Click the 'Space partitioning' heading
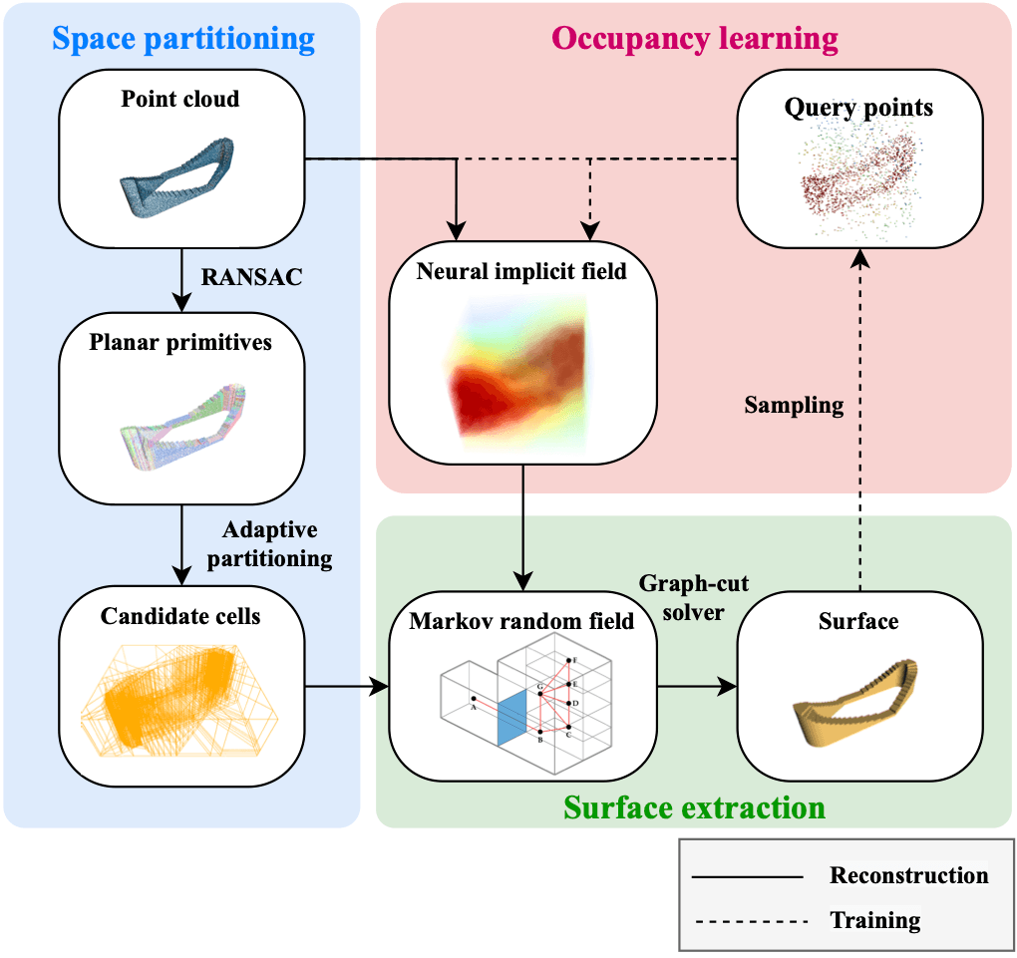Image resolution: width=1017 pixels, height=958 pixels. [x=183, y=39]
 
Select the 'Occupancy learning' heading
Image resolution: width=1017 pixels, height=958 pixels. [x=695, y=39]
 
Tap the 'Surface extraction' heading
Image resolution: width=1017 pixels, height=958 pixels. [x=694, y=807]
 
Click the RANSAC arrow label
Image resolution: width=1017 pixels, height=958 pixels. [x=251, y=277]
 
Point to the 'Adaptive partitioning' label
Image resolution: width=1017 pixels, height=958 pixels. [x=270, y=544]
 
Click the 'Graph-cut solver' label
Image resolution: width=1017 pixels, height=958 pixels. [x=693, y=597]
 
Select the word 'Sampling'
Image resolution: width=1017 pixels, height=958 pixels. [x=794, y=406]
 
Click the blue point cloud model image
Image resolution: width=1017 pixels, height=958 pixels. [x=176, y=177]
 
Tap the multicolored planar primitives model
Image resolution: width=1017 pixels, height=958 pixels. [x=182, y=426]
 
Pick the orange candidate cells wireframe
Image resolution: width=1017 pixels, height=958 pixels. [x=179, y=701]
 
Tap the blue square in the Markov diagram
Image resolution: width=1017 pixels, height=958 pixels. [x=511, y=718]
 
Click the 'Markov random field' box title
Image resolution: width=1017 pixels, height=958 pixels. [x=521, y=621]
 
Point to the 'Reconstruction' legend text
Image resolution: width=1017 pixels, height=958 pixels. [x=908, y=875]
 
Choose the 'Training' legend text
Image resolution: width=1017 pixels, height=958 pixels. [x=875, y=920]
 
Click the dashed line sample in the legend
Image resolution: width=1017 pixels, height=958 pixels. [x=751, y=921]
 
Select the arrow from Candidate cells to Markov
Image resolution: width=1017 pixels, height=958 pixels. [x=347, y=686]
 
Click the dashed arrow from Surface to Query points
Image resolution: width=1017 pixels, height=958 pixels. [x=860, y=421]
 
